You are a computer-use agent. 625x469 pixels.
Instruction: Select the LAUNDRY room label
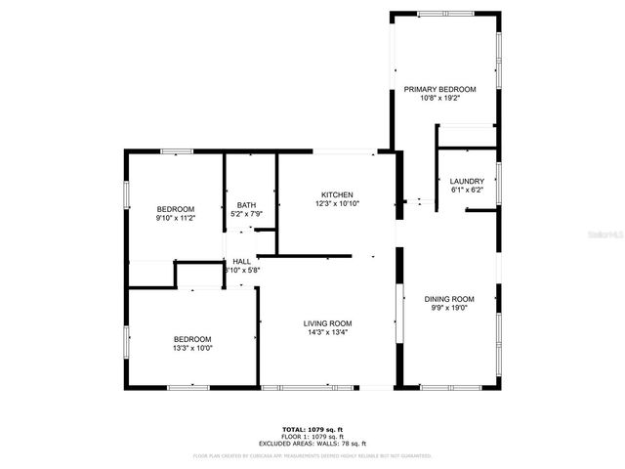(467, 181)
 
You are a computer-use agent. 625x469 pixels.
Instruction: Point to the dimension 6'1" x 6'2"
(467, 190)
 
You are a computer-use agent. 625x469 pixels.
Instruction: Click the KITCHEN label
(338, 194)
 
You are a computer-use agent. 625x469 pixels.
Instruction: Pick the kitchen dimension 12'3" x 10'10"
(338, 203)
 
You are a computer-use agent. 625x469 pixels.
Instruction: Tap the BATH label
(246, 205)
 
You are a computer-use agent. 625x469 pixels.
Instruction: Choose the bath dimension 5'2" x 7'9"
(246, 214)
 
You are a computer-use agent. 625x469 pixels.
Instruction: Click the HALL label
(241, 261)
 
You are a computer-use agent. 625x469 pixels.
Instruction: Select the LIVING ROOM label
(327, 323)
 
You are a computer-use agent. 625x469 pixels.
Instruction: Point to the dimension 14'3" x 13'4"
(327, 332)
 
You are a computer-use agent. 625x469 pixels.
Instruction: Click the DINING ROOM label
(449, 299)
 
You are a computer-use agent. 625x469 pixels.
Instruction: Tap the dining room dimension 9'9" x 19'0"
(449, 308)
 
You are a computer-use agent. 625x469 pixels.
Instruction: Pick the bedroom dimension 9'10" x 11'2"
(176, 218)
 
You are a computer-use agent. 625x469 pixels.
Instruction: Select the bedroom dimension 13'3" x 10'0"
(192, 348)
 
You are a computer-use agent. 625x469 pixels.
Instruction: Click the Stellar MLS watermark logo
(604, 235)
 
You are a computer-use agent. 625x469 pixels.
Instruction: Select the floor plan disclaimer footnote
(312, 455)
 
